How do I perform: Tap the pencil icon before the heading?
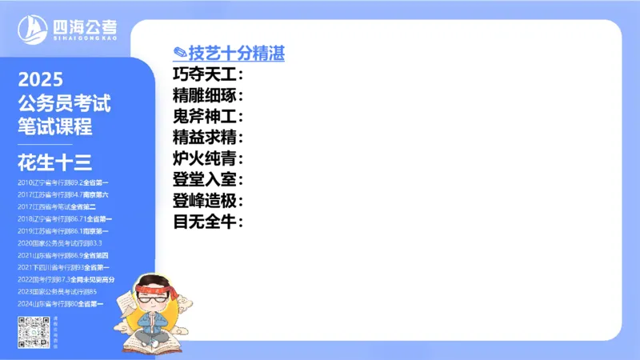click(180, 54)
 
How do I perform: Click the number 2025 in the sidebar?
click(40, 80)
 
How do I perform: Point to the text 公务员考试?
click(64, 103)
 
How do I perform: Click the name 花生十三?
click(54, 162)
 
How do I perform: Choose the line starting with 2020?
click(60, 242)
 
